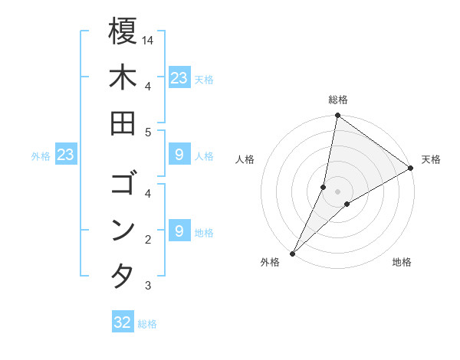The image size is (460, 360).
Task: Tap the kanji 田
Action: point(123,124)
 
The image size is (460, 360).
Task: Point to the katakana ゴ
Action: point(123,184)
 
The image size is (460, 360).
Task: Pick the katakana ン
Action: point(123,230)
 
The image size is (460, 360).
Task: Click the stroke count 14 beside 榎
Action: point(148,40)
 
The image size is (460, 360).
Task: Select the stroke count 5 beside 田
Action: point(148,133)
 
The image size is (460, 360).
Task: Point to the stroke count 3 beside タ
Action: point(148,286)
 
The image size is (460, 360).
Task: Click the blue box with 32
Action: point(123,322)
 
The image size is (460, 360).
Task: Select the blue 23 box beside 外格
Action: point(66,155)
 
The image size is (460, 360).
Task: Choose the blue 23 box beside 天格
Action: point(179,77)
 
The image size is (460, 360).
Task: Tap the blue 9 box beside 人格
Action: point(179,155)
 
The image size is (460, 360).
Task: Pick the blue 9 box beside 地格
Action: point(179,231)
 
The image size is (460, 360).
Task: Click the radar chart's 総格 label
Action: point(338,100)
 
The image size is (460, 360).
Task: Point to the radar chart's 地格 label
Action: point(402,262)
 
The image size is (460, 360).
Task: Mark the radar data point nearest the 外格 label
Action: point(292,254)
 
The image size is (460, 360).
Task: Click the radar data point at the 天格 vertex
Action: point(411,169)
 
